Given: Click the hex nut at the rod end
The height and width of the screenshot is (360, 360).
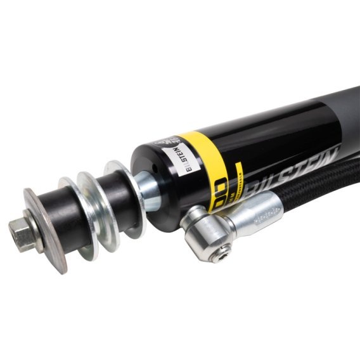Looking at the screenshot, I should [x=25, y=235].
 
